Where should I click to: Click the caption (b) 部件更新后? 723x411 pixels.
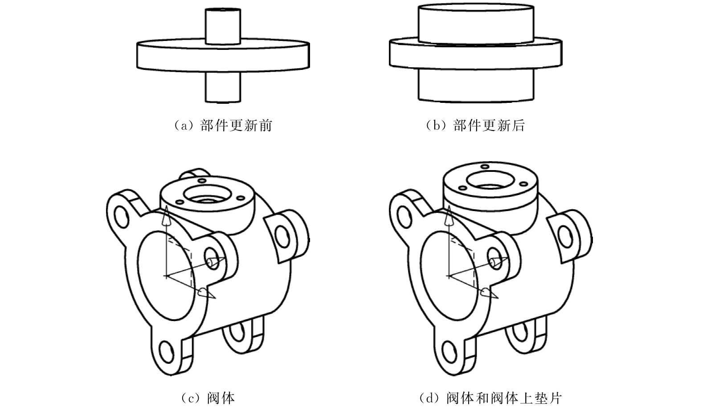tap(475, 126)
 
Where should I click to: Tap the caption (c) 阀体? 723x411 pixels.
tap(208, 398)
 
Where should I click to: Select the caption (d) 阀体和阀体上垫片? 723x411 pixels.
tap(490, 398)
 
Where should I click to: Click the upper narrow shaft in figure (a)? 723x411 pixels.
tap(223, 26)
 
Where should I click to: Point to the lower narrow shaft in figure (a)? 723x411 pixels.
tap(223, 87)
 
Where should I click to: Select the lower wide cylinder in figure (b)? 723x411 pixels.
tap(476, 85)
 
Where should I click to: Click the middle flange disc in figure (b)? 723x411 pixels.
tap(476, 54)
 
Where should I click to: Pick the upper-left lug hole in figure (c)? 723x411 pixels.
tap(122, 217)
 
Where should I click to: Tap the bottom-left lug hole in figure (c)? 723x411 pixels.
tap(167, 352)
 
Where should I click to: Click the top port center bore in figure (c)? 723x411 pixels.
tap(207, 194)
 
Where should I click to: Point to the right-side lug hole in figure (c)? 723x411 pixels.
tap(282, 236)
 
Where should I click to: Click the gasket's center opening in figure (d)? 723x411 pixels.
tap(490, 180)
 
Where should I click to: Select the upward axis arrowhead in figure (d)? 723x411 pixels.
tap(448, 216)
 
